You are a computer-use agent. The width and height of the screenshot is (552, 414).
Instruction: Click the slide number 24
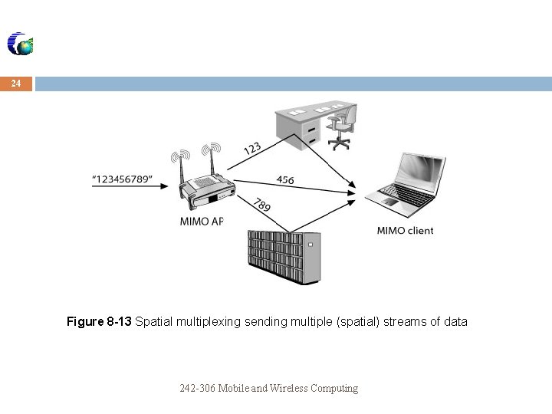tap(16, 83)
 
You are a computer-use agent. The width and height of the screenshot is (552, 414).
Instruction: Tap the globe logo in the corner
tap(21, 44)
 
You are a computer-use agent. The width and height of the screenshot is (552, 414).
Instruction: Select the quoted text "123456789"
tap(122, 179)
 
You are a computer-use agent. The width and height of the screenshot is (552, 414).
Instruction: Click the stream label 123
tap(253, 149)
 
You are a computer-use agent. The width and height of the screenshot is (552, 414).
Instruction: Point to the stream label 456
tap(285, 180)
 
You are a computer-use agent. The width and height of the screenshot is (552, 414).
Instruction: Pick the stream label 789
tap(262, 205)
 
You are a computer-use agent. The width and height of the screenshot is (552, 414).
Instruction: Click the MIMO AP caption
tap(201, 222)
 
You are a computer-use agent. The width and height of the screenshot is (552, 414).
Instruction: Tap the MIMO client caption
tap(405, 230)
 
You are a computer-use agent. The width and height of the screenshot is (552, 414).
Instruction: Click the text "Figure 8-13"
tap(99, 322)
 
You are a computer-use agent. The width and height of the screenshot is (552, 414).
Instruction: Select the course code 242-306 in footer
tap(197, 388)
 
